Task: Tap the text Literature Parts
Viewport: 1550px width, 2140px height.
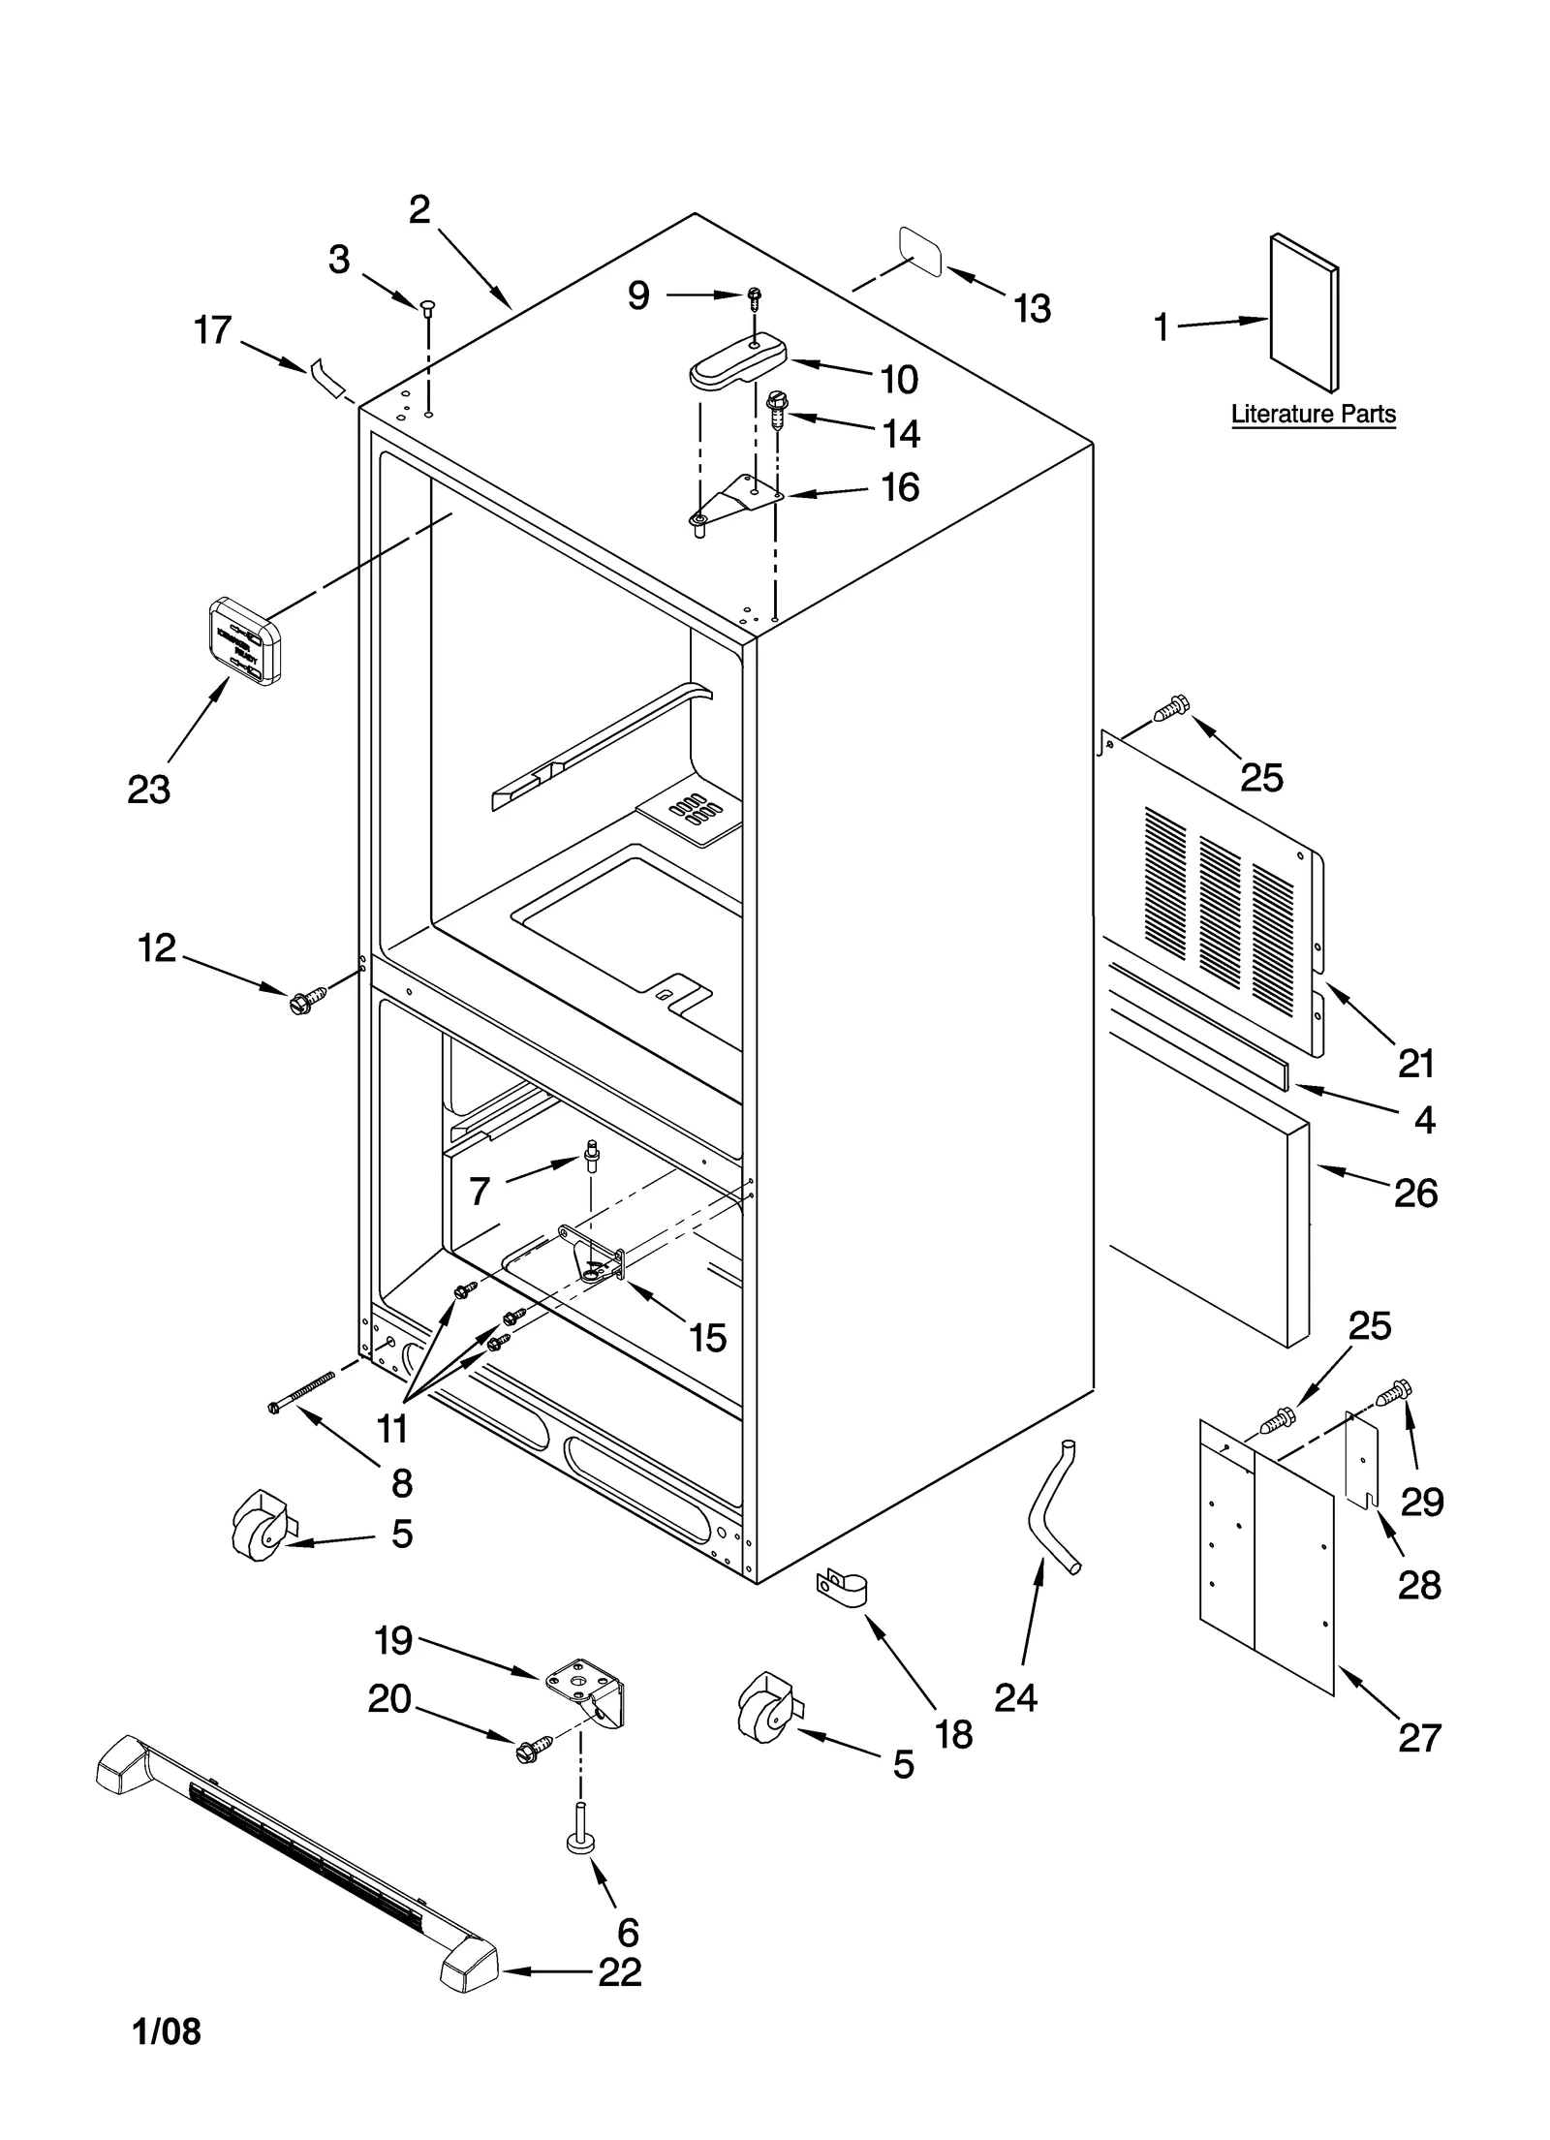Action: [x=1313, y=415]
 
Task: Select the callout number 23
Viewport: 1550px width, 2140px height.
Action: [x=148, y=791]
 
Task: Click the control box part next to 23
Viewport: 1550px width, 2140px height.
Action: [x=245, y=641]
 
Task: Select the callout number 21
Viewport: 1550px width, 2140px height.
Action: [x=1415, y=1064]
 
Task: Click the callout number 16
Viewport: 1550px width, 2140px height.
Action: [x=900, y=487]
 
